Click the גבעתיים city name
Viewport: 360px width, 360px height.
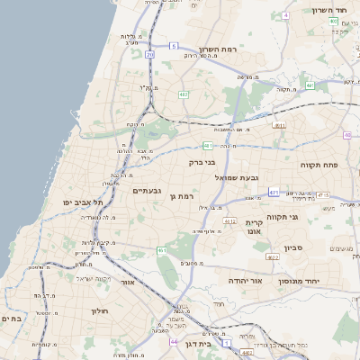147,191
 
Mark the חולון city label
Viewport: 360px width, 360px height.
99,310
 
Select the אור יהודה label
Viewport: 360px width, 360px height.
245,280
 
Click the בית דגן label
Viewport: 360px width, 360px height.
209,344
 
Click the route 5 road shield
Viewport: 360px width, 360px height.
173,44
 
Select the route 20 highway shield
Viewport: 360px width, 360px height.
149,55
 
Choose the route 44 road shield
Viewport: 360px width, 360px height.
173,342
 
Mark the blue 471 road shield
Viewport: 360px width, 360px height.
273,192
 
